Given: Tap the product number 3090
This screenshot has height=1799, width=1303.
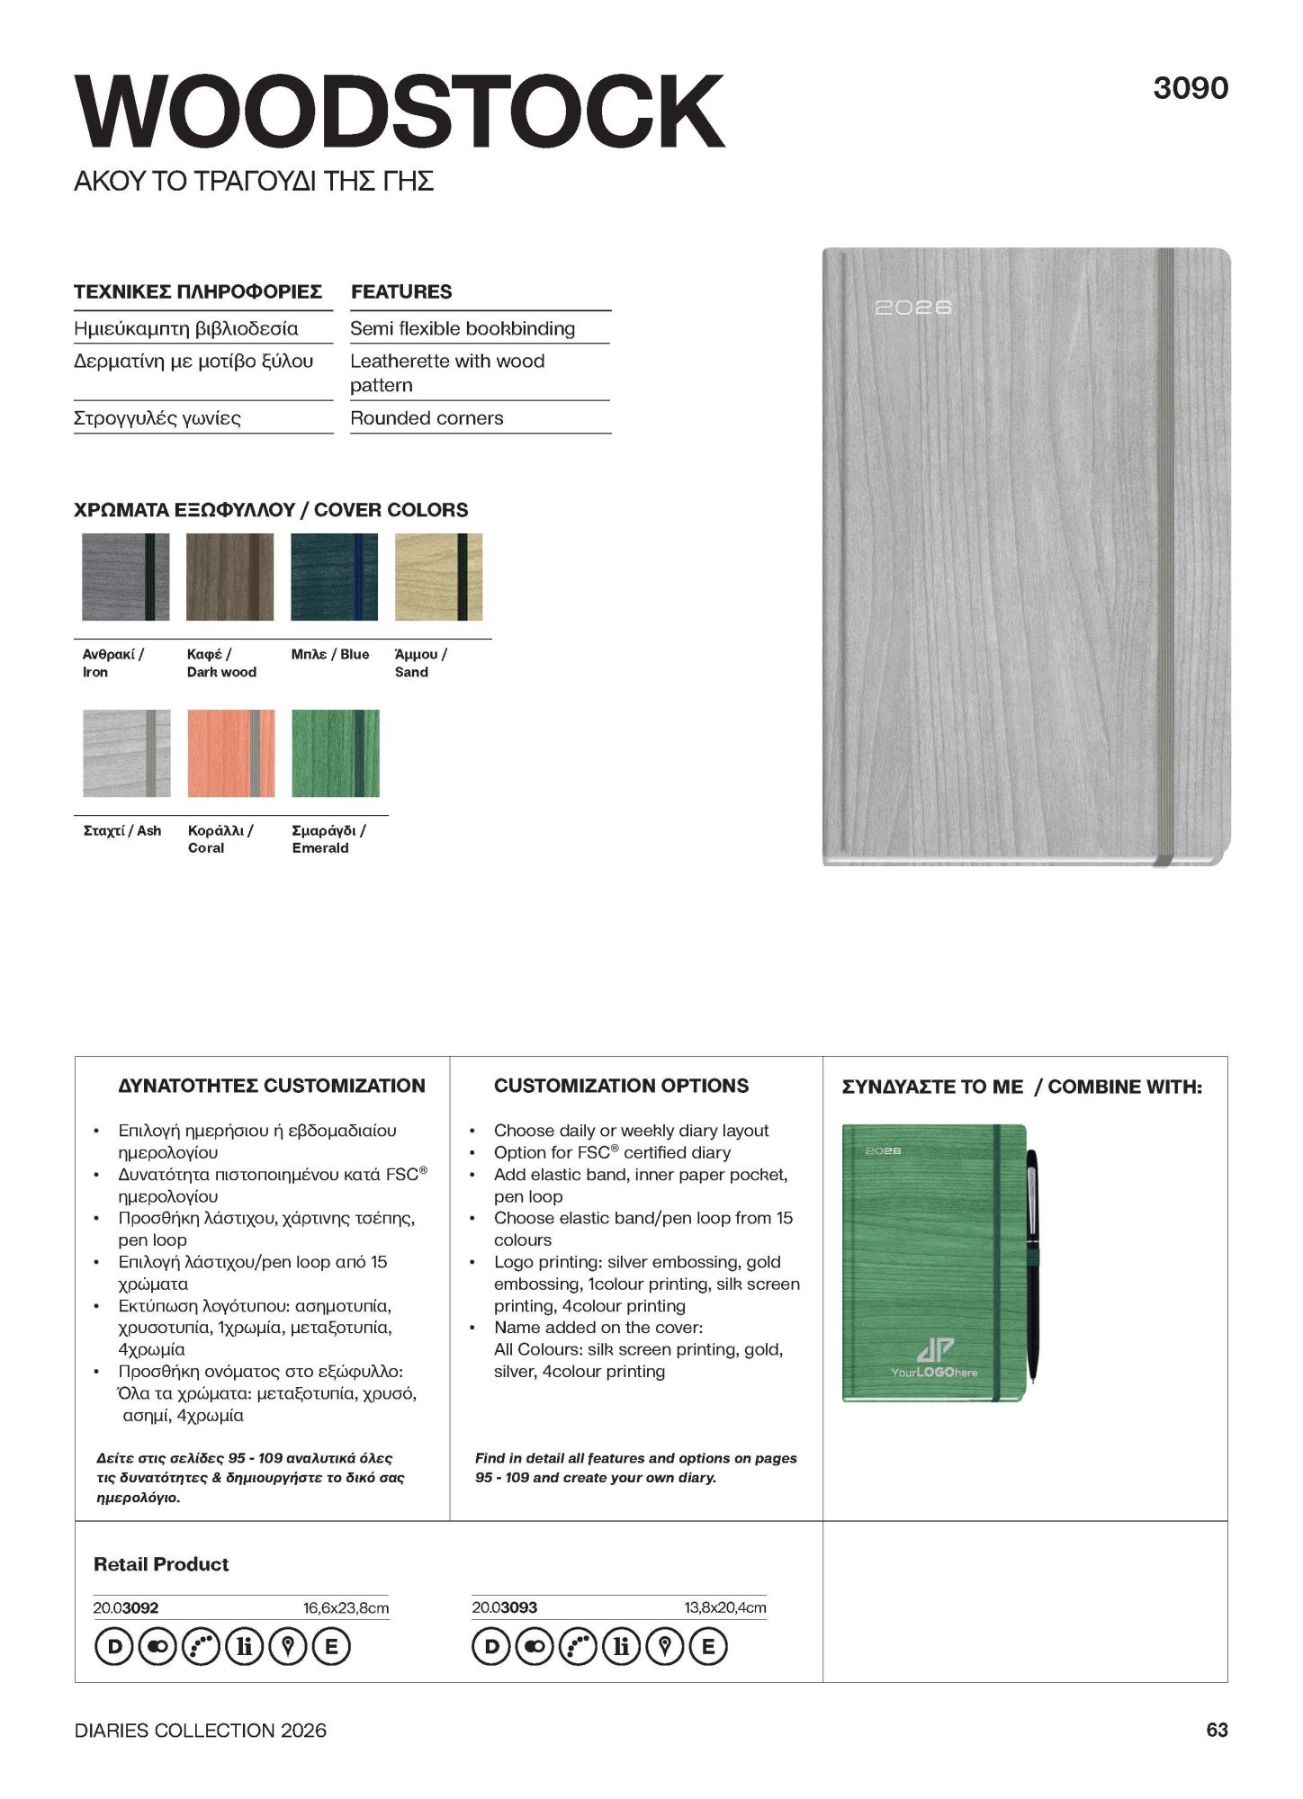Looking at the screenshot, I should point(1190,88).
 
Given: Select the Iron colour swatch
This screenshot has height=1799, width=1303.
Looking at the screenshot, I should point(125,577).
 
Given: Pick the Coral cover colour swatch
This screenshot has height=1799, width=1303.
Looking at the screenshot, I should point(230,753).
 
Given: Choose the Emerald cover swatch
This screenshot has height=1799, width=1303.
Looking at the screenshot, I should point(335,753).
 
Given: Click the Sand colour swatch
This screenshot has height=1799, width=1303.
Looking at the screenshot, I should point(438,577).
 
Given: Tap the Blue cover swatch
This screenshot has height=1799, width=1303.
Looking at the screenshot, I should point(334,577).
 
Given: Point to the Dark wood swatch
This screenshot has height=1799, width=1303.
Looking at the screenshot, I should point(229,577).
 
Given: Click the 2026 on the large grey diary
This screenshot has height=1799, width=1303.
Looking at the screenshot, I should point(912,308).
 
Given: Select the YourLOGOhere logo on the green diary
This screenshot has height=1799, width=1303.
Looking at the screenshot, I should point(934,1358).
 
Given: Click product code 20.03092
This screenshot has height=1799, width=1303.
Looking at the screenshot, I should point(126,1607).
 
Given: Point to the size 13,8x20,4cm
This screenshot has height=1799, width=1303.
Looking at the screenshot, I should point(724,1607).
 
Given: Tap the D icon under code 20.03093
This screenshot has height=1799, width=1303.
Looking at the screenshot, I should point(491,1647).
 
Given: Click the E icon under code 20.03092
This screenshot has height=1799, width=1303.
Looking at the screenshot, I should point(331,1647).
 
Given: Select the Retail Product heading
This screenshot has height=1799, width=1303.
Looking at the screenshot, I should point(161,1564).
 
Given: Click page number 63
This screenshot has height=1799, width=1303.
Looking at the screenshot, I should point(1217,1730).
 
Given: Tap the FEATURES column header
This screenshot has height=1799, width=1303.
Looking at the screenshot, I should point(401,291).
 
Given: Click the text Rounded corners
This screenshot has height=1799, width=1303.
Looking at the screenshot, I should point(427,418).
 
